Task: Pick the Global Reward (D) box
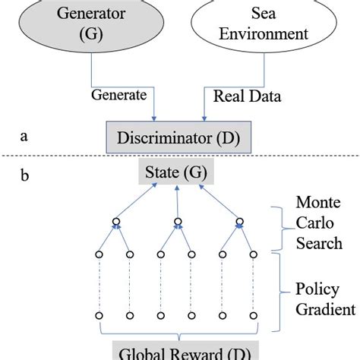click(177, 352)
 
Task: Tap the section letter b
click(25, 178)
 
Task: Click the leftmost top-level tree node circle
click(116, 223)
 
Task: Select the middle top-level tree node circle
click(177, 223)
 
